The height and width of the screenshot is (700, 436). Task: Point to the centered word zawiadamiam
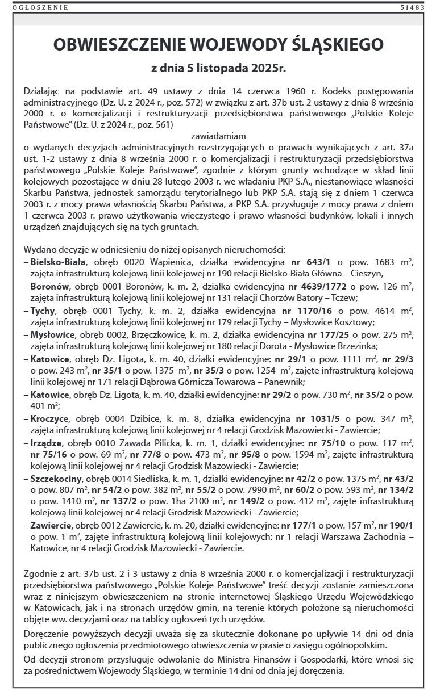tap(218, 136)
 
